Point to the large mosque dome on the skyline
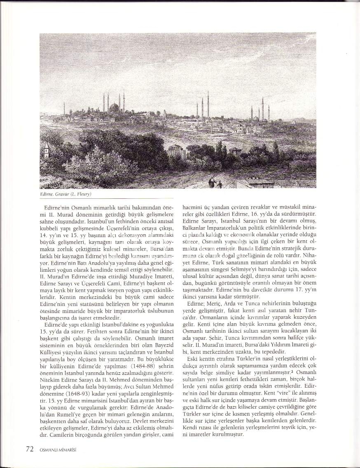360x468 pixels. click(x=114, y=108)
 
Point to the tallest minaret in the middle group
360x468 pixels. click(x=208, y=104)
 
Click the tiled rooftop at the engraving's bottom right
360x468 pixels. click(x=259, y=181)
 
